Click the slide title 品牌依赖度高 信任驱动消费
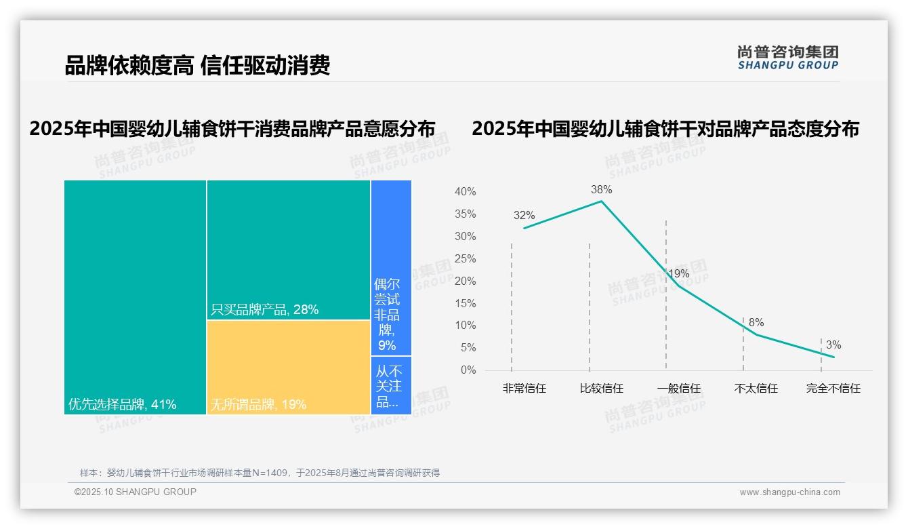[197, 66]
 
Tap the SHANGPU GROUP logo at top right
[787, 58]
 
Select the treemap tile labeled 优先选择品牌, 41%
[135, 297]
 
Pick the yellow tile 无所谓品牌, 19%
[289, 367]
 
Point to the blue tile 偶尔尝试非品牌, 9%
[391, 267]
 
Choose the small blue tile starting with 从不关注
[391, 385]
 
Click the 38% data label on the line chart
[601, 190]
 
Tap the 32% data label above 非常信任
[524, 216]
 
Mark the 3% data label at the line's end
[833, 345]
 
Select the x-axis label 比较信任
[601, 389]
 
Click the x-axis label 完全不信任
[833, 389]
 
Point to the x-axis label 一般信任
[678, 389]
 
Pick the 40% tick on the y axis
[465, 192]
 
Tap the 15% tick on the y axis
[465, 303]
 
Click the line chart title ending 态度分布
[665, 129]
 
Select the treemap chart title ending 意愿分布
[232, 129]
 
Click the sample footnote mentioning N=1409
[260, 473]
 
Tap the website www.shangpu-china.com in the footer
[789, 492]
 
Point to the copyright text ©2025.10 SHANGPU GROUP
[136, 492]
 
